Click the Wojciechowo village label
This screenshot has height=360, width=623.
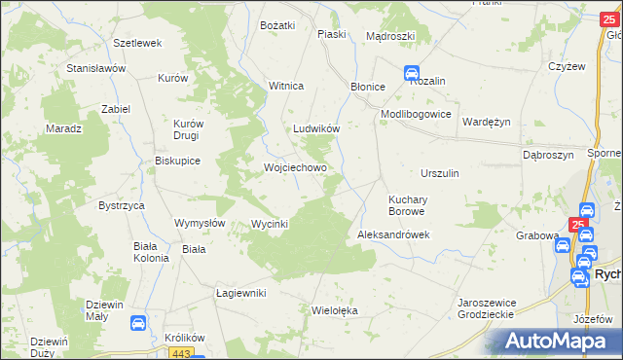[x=294, y=167]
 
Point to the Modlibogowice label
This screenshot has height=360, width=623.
[x=416, y=114]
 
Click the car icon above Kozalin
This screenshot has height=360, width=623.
[x=412, y=72]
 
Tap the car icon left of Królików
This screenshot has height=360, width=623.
[x=138, y=322]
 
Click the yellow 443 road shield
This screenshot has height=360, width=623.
[x=187, y=353]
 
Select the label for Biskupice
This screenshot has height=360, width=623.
[x=177, y=162]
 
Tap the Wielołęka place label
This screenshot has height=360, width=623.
[x=335, y=311]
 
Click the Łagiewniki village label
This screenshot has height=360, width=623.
[x=240, y=293]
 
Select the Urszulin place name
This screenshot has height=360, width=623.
[x=439, y=173]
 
